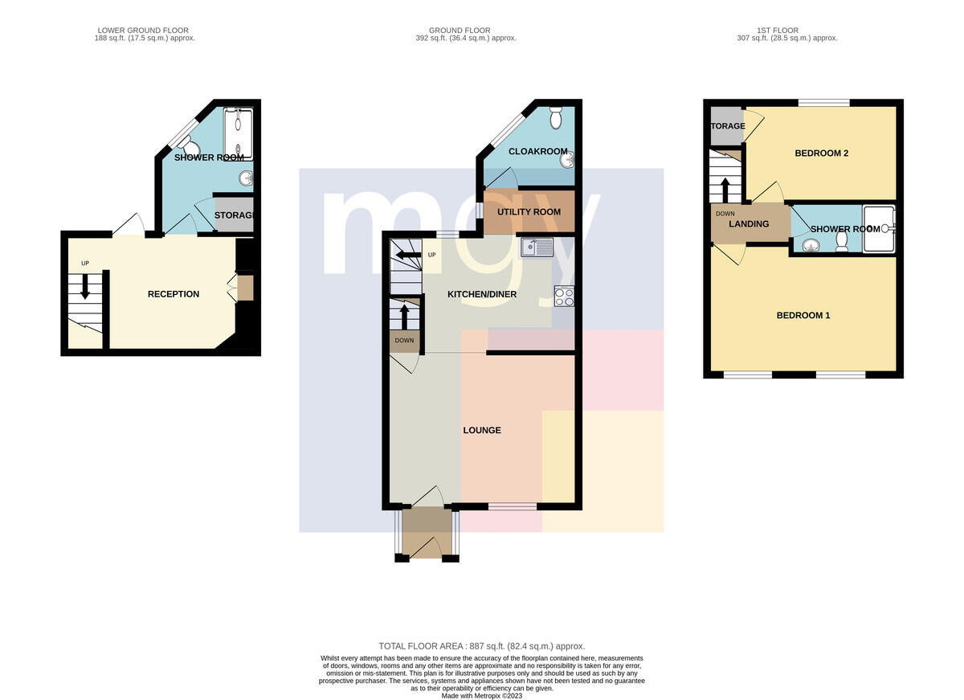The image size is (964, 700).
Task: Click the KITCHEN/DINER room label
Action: click(x=481, y=294)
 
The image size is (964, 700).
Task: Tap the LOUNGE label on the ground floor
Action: click(x=481, y=431)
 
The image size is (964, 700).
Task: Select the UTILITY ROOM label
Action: click(x=529, y=212)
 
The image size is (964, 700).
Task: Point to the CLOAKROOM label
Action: click(x=538, y=152)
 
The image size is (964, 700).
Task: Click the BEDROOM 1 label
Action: click(x=803, y=316)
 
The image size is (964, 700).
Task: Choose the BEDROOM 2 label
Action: click(x=821, y=154)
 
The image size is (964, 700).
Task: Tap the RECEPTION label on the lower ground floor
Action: click(x=174, y=294)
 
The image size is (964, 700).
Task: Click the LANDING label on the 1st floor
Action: click(x=749, y=224)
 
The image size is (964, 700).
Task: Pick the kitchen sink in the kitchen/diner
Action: click(x=537, y=248)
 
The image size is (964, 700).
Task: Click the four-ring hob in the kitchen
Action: click(x=564, y=297)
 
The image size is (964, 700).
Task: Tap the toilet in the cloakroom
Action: click(x=556, y=118)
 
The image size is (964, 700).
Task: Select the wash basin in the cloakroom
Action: click(x=568, y=161)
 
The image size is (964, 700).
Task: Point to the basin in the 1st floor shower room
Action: click(x=811, y=245)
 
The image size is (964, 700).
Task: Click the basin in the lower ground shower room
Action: click(x=247, y=178)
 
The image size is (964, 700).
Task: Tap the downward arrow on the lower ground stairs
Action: click(x=85, y=286)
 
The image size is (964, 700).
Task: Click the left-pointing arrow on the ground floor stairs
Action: click(x=408, y=256)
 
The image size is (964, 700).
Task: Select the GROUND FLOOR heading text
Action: click(x=460, y=31)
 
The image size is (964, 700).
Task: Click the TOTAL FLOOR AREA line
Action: click(x=481, y=646)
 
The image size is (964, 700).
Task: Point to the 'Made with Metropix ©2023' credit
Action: click(x=481, y=696)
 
